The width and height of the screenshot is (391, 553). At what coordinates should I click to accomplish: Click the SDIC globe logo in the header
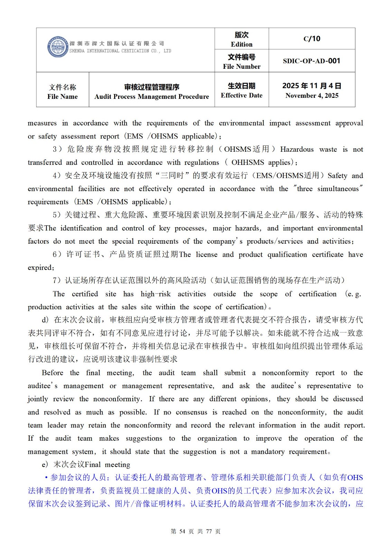click(x=57, y=47)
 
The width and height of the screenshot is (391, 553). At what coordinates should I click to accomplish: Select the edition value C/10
click(x=312, y=39)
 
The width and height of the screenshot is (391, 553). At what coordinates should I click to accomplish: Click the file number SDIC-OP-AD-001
click(x=311, y=61)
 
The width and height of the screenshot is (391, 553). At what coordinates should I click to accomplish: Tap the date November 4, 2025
click(x=312, y=96)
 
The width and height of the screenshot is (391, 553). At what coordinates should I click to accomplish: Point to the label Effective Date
click(x=242, y=95)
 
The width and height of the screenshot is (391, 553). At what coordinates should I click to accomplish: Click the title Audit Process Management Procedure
click(x=151, y=96)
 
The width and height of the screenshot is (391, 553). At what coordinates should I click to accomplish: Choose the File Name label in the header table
click(x=63, y=96)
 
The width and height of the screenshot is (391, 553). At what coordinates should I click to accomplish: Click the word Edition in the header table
click(x=242, y=44)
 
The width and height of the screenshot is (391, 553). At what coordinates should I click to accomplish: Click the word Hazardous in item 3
click(x=297, y=149)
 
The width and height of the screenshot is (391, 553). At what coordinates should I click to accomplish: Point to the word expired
click(x=40, y=268)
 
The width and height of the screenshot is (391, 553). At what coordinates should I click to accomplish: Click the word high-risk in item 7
click(x=156, y=294)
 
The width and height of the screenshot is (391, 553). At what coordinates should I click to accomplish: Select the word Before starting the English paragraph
click(x=52, y=373)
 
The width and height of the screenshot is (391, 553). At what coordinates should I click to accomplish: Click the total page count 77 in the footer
click(x=209, y=531)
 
